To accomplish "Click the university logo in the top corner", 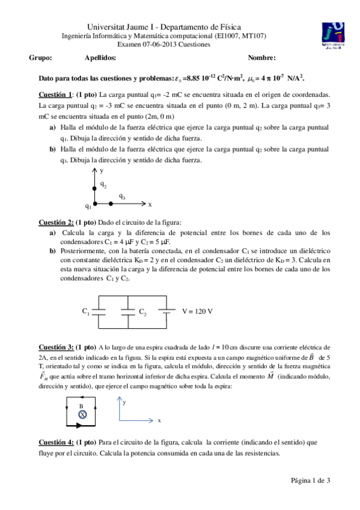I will pos(332,34).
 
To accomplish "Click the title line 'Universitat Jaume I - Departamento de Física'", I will pos(164,27).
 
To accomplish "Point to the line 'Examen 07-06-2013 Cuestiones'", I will pos(164,45).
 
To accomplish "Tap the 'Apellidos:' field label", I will pos(100,58).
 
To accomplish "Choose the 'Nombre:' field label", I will pos(261,58).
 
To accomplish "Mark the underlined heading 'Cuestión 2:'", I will pos(56,222).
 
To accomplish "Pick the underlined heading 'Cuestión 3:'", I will pos(56,347).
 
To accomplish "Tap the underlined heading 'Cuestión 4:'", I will pos(56,442).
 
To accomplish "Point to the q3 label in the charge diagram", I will pos(122,196).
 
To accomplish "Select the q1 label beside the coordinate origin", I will pos(88,206).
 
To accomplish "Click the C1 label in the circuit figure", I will pos(86,311).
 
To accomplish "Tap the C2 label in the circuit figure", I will pos(143,312).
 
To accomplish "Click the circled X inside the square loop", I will pos(83,414).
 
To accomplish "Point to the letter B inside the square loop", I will pos(81,406).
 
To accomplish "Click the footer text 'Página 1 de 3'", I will pos(311,479).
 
